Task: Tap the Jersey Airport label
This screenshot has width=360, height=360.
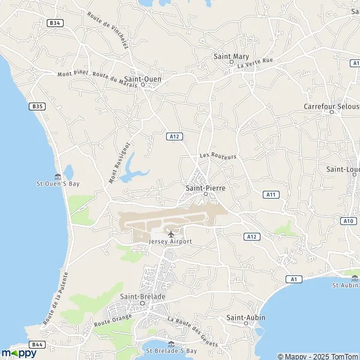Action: coord(170,241)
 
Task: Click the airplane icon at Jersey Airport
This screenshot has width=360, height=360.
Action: coord(170,233)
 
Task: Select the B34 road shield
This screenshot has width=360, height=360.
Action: coord(56,23)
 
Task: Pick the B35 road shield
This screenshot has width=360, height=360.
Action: coord(37,106)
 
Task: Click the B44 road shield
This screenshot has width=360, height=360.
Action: coord(37,344)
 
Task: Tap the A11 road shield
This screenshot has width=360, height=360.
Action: coord(271,194)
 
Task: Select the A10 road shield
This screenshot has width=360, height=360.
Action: coord(349,221)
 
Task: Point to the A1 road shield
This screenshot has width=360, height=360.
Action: coord(293,279)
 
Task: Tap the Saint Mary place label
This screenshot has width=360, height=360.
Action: coord(230,57)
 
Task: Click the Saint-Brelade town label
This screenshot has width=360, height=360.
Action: coord(142,296)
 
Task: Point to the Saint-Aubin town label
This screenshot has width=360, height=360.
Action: coord(245,317)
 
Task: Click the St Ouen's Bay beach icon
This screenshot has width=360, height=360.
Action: coord(57,176)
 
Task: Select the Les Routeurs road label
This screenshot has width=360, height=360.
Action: coord(218,155)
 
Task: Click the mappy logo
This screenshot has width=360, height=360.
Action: coord(19,353)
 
